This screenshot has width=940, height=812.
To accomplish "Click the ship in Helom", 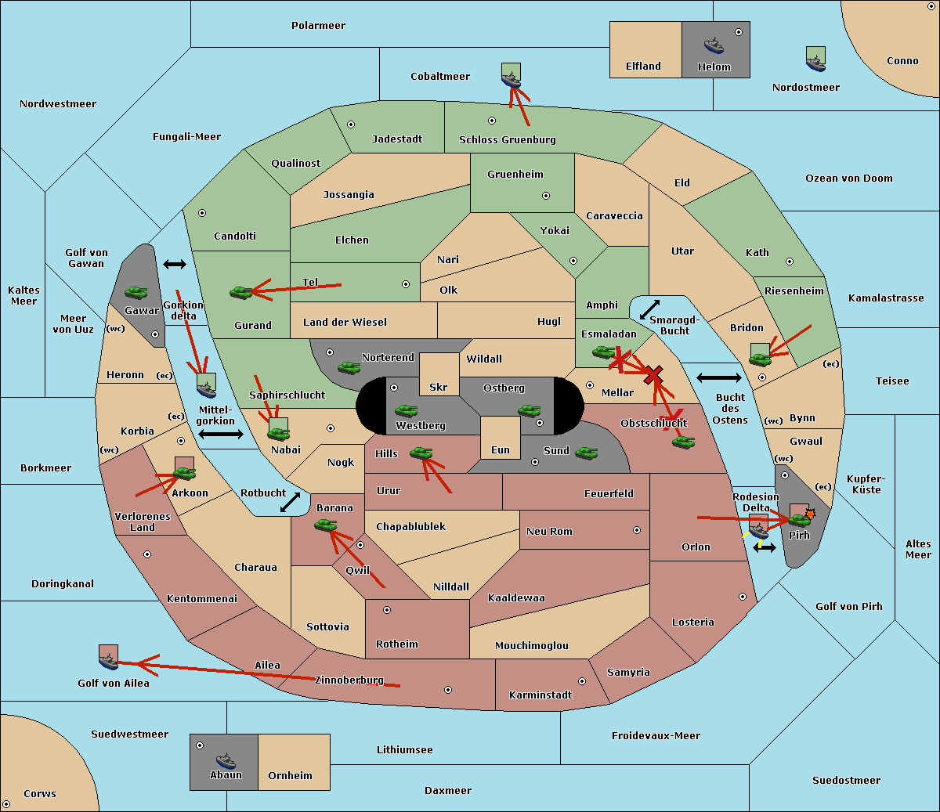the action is pyautogui.click(x=714, y=45).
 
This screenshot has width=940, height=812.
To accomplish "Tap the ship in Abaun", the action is pyautogui.click(x=226, y=760).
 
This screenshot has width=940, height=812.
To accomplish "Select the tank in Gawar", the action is pyautogui.click(x=136, y=292).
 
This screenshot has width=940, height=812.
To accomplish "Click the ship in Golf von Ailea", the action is pyautogui.click(x=109, y=661).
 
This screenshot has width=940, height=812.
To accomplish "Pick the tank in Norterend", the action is pyautogui.click(x=349, y=367).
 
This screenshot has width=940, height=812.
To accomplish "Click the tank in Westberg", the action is pyautogui.click(x=406, y=410).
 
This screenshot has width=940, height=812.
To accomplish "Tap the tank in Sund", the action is pyautogui.click(x=586, y=453).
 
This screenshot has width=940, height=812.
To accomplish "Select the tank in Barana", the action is pyautogui.click(x=325, y=525).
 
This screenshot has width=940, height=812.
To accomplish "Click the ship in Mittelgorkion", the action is pyautogui.click(x=207, y=390).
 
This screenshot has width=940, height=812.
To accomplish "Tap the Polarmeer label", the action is pyautogui.click(x=318, y=26).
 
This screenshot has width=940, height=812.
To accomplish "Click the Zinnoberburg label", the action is pyautogui.click(x=349, y=680).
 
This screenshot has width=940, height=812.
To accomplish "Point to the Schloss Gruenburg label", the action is pyautogui.click(x=508, y=139).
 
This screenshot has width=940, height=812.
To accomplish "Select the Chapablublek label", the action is pyautogui.click(x=410, y=526).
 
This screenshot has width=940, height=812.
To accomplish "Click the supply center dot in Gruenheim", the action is pyautogui.click(x=546, y=196).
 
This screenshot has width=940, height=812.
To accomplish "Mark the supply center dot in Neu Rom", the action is pyautogui.click(x=637, y=530).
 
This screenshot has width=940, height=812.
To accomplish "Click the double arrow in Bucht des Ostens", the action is pyautogui.click(x=719, y=377).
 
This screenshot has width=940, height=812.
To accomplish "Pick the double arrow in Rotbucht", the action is pyautogui.click(x=290, y=503).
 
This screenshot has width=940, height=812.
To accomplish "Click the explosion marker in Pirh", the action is pyautogui.click(x=810, y=514).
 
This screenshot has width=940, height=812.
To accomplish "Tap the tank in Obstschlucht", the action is pyautogui.click(x=684, y=442).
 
